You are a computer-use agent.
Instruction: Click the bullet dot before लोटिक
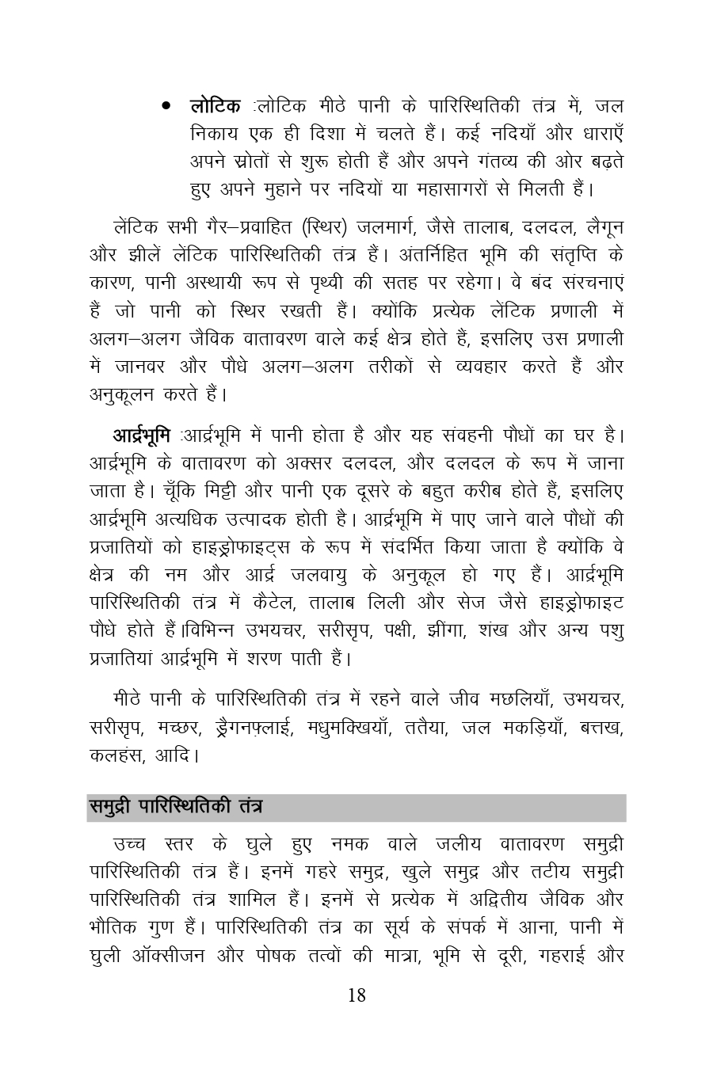(166, 105)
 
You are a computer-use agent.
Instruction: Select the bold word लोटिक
(215, 105)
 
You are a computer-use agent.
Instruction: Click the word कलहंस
(112, 755)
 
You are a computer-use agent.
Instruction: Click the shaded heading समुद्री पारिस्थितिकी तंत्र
(175, 808)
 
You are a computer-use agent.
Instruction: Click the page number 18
(356, 995)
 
